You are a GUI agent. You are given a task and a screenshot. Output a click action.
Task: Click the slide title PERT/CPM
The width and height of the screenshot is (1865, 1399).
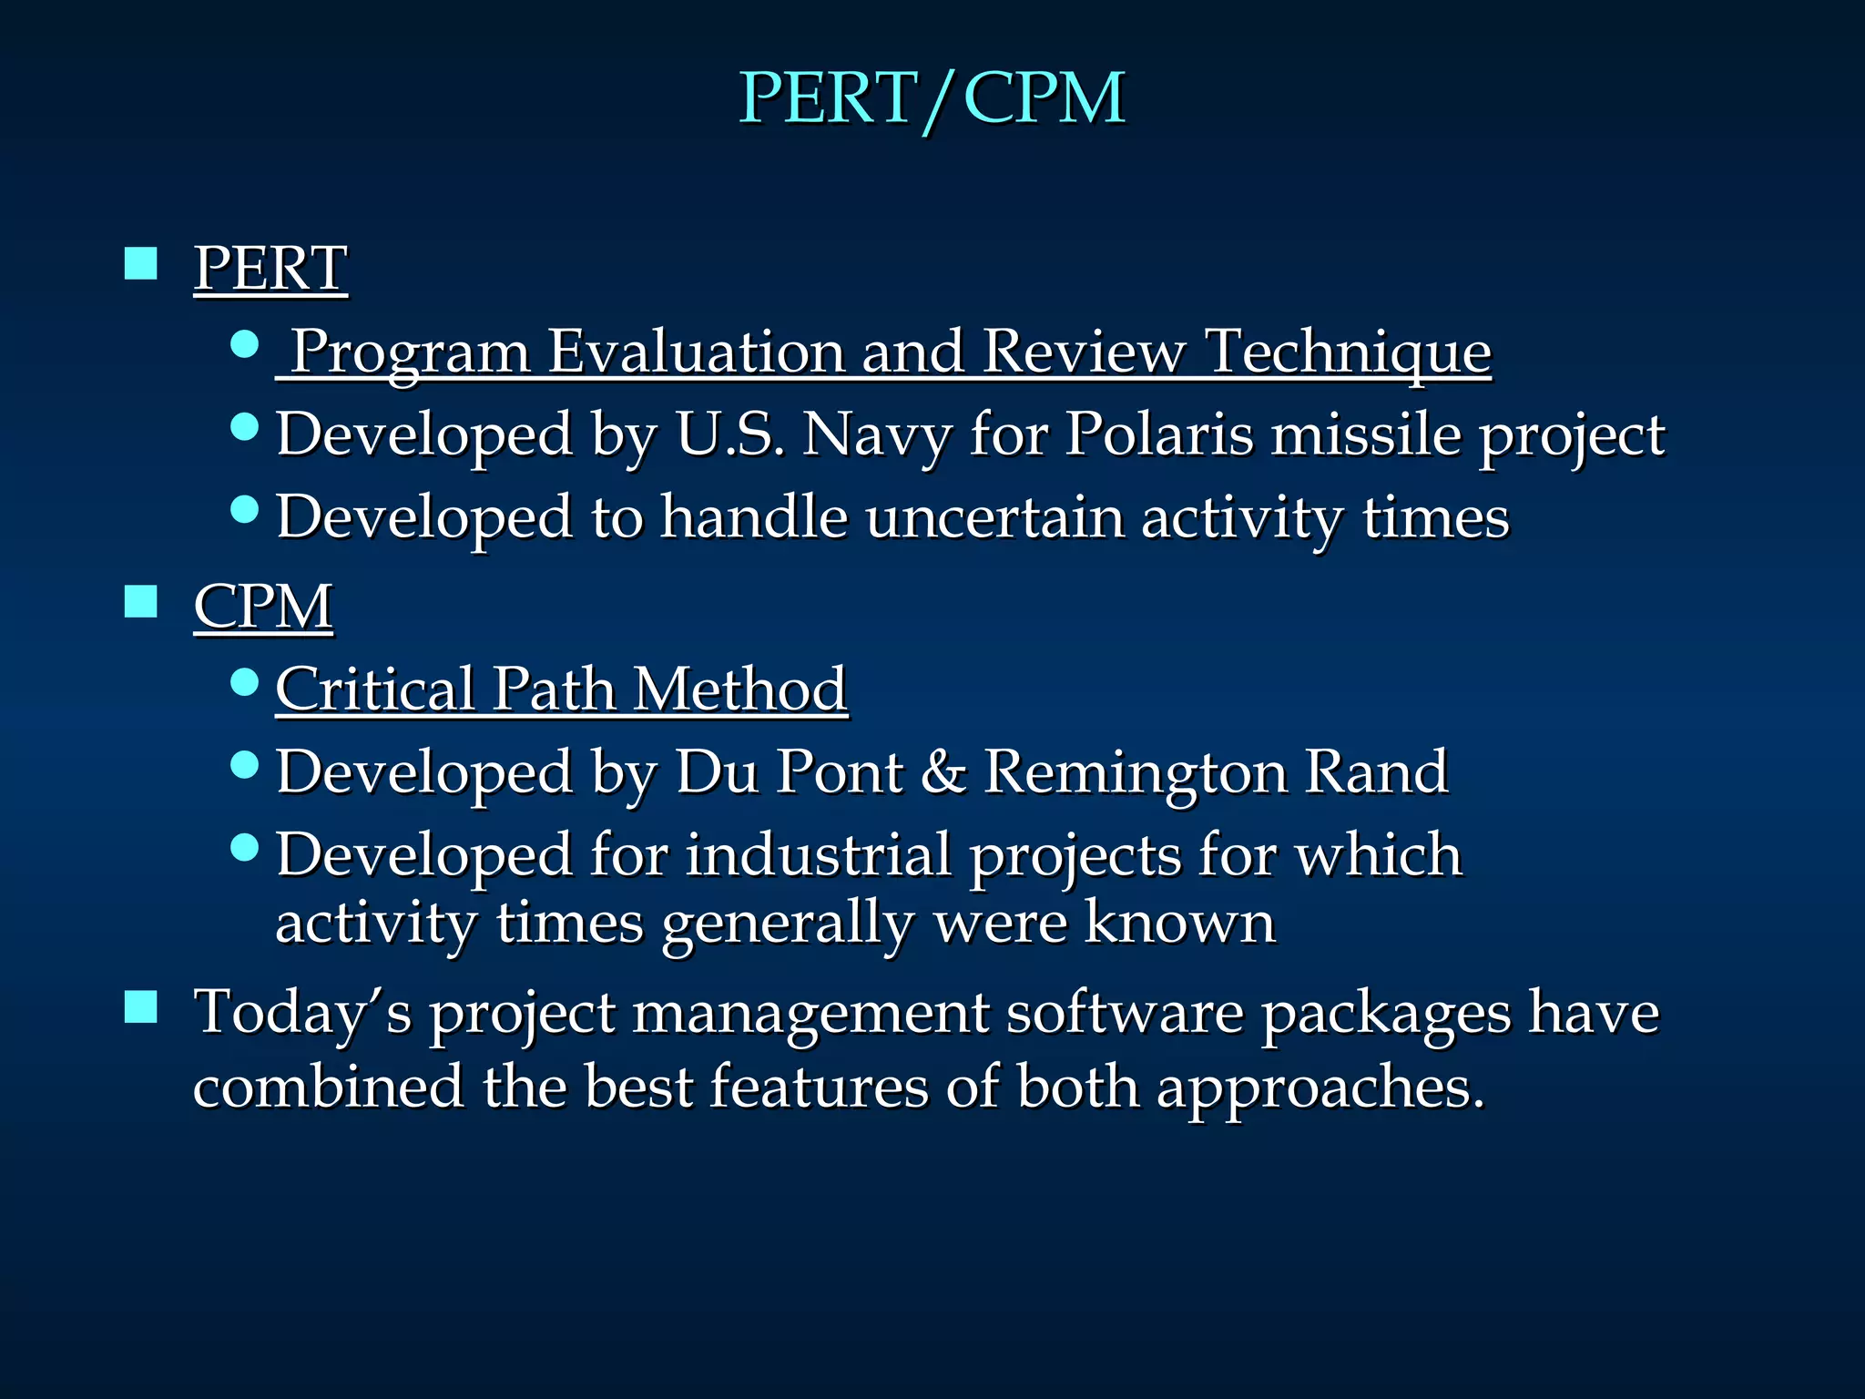932,97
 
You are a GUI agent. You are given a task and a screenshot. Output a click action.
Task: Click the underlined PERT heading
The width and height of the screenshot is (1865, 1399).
270,268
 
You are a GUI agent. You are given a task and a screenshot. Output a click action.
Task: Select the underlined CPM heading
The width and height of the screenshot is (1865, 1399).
263,606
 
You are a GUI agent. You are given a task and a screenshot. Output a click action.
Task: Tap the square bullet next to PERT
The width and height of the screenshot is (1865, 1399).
141,263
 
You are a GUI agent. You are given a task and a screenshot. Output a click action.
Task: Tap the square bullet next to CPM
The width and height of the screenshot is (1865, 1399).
141,601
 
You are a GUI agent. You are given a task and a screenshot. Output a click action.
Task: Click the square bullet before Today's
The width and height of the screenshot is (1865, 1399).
141,1007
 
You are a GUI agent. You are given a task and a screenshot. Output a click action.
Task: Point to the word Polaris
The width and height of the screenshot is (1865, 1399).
1158,434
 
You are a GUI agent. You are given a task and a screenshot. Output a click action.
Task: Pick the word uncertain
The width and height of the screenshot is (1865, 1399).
994,517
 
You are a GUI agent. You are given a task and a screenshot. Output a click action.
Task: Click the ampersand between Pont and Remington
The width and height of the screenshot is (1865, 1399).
943,772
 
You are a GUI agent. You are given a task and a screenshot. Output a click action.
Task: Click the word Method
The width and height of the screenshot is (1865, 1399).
739,689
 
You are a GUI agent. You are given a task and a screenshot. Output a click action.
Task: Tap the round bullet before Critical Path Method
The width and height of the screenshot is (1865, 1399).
245,681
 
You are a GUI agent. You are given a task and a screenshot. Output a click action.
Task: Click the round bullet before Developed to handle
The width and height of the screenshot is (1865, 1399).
245,508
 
